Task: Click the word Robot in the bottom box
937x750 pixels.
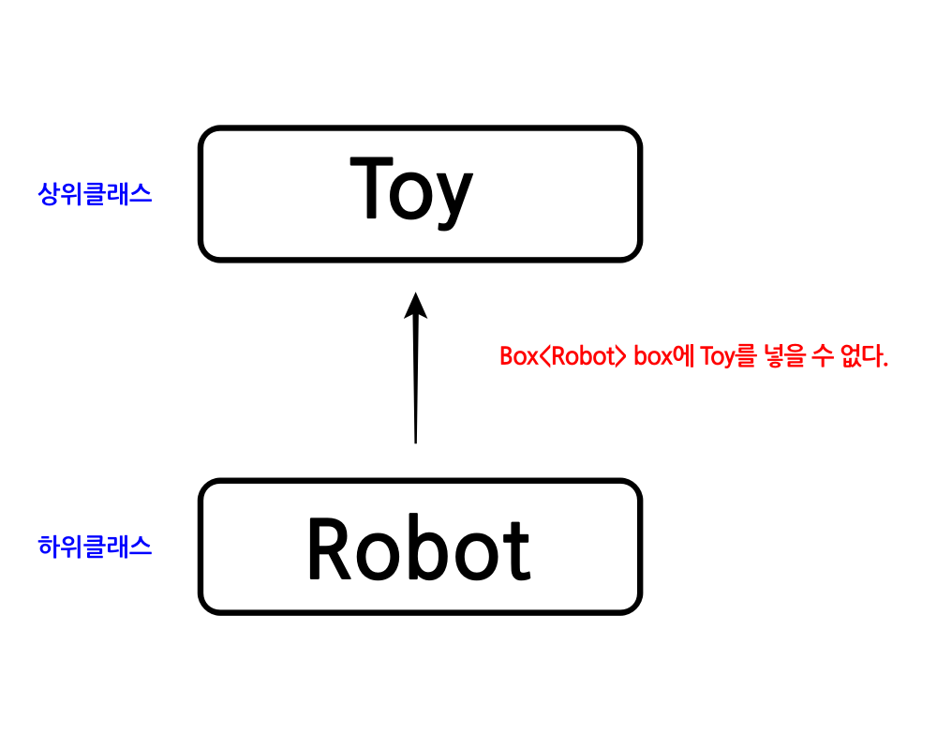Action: point(418,550)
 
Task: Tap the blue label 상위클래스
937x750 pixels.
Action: point(95,194)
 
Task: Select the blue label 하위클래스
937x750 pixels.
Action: point(95,547)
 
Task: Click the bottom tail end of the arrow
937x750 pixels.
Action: point(415,440)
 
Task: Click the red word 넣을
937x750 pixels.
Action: point(779,357)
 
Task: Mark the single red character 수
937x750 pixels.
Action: point(817,357)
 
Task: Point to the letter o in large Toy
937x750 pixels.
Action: point(412,197)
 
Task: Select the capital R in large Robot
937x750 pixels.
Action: point(330,550)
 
